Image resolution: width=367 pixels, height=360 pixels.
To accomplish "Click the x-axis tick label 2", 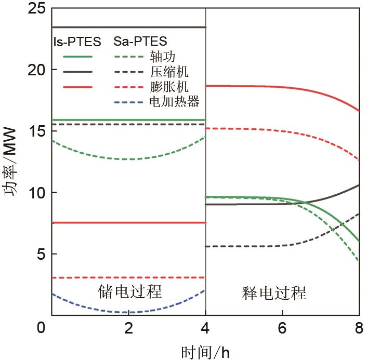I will (129, 328).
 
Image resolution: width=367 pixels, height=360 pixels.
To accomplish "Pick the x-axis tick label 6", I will (283, 328).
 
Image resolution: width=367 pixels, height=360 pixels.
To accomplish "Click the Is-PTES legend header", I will (77, 42).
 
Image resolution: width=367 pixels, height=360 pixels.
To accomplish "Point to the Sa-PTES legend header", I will (140, 41).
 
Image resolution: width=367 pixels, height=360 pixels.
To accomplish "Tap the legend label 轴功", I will (162, 56).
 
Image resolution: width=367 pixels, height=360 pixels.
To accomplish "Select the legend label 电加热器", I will (174, 101).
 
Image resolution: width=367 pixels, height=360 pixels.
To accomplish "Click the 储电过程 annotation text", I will (130, 291).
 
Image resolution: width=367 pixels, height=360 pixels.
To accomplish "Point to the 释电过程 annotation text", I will (274, 294).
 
